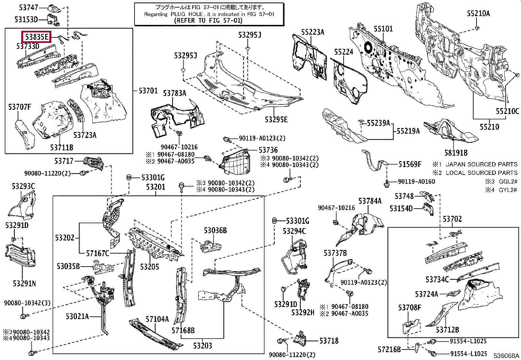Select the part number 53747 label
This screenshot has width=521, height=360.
tap(28, 7)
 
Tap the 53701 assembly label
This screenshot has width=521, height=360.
tap(148, 91)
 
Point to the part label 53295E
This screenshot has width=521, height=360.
tap(276, 120)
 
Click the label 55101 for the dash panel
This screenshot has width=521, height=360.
tap(383, 29)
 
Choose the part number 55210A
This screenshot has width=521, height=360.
tap(478, 13)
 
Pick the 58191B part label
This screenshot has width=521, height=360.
tap(456, 153)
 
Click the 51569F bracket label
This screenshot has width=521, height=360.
tap(410, 164)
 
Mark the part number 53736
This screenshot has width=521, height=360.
tap(268, 150)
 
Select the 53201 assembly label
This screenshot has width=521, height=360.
tap(155, 187)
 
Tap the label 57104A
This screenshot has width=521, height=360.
tap(157, 319)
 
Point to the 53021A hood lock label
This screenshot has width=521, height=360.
tap(77, 316)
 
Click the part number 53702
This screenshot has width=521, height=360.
tap(452, 219)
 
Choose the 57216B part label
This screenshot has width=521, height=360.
tap(389, 350)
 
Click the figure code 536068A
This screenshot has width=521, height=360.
tap(506, 356)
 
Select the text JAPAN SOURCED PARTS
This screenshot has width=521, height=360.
tap(481, 164)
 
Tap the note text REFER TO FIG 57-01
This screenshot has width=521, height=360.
tap(209, 20)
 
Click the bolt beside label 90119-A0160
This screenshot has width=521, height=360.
tap(386, 183)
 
